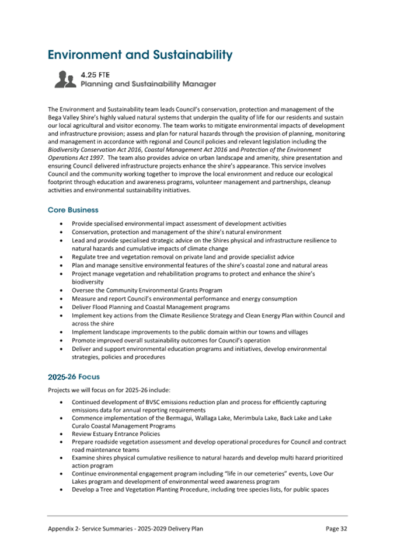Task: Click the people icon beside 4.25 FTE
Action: coord(65,79)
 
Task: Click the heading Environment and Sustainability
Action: coord(140,55)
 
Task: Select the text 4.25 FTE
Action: coord(96,75)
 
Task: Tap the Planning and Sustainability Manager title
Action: coord(148,85)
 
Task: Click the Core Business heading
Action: coord(73,209)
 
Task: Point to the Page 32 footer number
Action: coord(336,528)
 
